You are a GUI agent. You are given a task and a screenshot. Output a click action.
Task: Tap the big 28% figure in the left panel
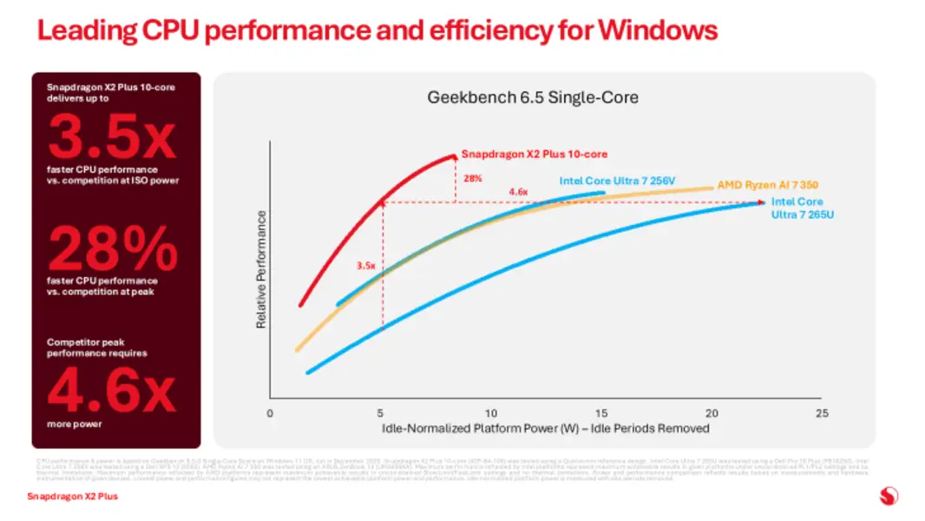112,249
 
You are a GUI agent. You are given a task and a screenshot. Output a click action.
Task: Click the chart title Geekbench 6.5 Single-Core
533,97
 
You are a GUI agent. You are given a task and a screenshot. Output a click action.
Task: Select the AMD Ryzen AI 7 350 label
768,185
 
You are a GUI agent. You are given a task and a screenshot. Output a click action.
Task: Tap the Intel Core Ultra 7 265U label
802,208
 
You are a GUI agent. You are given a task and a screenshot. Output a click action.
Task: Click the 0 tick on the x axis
270,412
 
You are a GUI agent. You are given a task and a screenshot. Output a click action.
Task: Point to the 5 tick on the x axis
380,412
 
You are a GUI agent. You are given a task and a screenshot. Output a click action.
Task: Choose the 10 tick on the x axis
490,412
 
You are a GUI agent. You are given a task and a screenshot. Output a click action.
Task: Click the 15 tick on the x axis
600,412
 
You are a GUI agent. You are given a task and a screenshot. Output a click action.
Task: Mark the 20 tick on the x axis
711,412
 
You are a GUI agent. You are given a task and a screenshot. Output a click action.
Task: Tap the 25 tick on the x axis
822,412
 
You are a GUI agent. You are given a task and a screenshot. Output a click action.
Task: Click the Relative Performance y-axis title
260,270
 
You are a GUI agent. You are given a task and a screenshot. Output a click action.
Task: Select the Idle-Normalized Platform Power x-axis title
545,428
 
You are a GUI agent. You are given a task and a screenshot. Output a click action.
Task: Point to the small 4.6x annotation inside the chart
517,192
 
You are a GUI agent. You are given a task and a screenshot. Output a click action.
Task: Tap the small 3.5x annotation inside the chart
366,267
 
